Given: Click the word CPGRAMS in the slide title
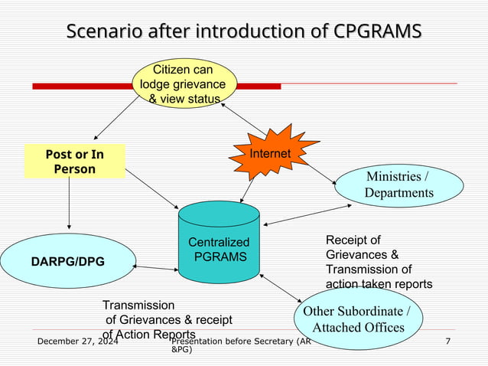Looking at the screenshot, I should click(378, 31).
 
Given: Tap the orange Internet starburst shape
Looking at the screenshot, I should click(270, 155).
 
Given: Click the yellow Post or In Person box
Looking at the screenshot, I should click(74, 161).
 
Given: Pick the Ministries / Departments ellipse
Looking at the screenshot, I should click(398, 185).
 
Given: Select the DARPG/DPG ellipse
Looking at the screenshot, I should click(68, 262).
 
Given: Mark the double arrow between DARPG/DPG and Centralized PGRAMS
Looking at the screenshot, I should click(155, 268).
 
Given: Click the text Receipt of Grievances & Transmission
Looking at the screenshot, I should click(378, 262).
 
